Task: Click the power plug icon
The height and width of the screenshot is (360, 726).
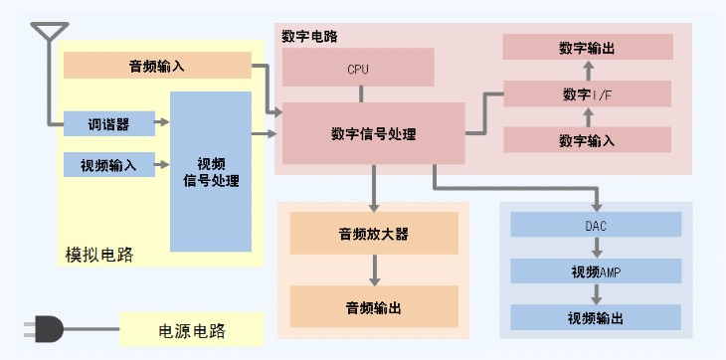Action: pyautogui.click(x=44, y=327)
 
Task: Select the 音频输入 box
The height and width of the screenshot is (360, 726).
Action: pyautogui.click(x=157, y=66)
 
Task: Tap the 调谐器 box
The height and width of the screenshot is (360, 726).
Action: pyautogui.click(x=109, y=124)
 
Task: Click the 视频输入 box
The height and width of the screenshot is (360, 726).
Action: pyautogui.click(x=109, y=164)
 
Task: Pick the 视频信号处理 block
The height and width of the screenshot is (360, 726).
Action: pyautogui.click(x=211, y=171)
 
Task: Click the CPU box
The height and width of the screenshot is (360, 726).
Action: pyautogui.click(x=358, y=69)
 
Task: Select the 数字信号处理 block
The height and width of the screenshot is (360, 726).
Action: pyautogui.click(x=373, y=133)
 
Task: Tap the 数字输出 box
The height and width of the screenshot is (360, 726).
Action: pyautogui.click(x=588, y=47)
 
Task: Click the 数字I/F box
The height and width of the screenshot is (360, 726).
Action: pyautogui.click(x=588, y=93)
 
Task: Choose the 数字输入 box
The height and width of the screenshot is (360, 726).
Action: pyautogui.click(x=588, y=140)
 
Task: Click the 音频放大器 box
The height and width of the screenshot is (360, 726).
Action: pyautogui.click(x=373, y=234)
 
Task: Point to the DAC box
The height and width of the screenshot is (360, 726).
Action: pyautogui.click(x=596, y=225)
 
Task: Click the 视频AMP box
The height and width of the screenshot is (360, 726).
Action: pyautogui.click(x=596, y=271)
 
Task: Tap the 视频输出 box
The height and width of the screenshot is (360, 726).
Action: pyautogui.click(x=596, y=318)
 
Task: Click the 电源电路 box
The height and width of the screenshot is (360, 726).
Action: pyautogui.click(x=192, y=328)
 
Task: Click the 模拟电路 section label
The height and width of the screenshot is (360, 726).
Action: pyautogui.click(x=91, y=255)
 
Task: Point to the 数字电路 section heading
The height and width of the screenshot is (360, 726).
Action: pyautogui.click(x=309, y=37)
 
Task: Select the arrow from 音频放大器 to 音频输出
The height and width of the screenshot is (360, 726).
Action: pyautogui.click(x=374, y=270)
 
